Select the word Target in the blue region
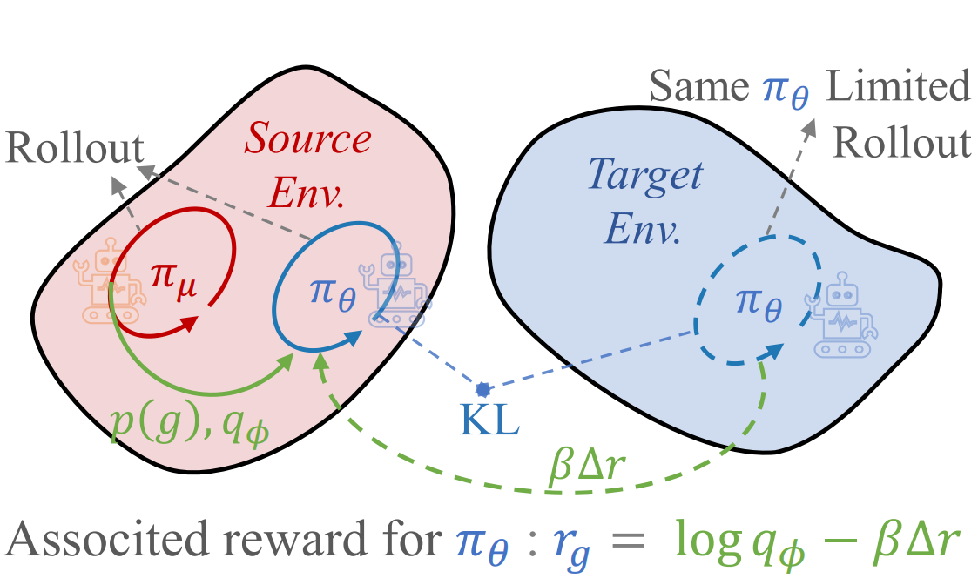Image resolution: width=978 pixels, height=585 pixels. (x=644, y=176)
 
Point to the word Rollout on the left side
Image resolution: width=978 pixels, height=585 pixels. (x=74, y=149)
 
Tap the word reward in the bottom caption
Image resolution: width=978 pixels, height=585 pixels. (x=309, y=542)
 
